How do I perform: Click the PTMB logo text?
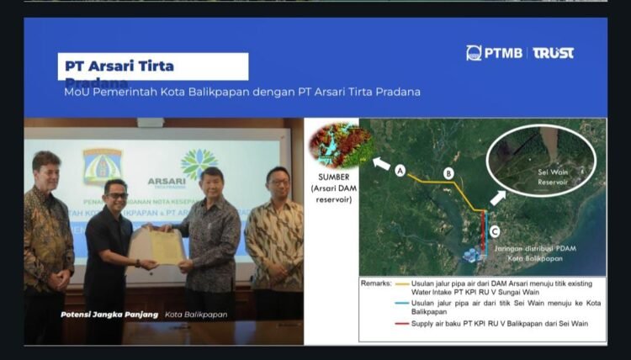(x=503, y=53)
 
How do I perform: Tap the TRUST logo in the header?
(x=554, y=53)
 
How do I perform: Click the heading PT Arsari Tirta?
(x=120, y=65)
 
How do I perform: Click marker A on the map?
(x=400, y=171)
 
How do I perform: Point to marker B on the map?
(x=448, y=173)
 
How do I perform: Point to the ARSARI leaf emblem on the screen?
(x=199, y=164)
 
